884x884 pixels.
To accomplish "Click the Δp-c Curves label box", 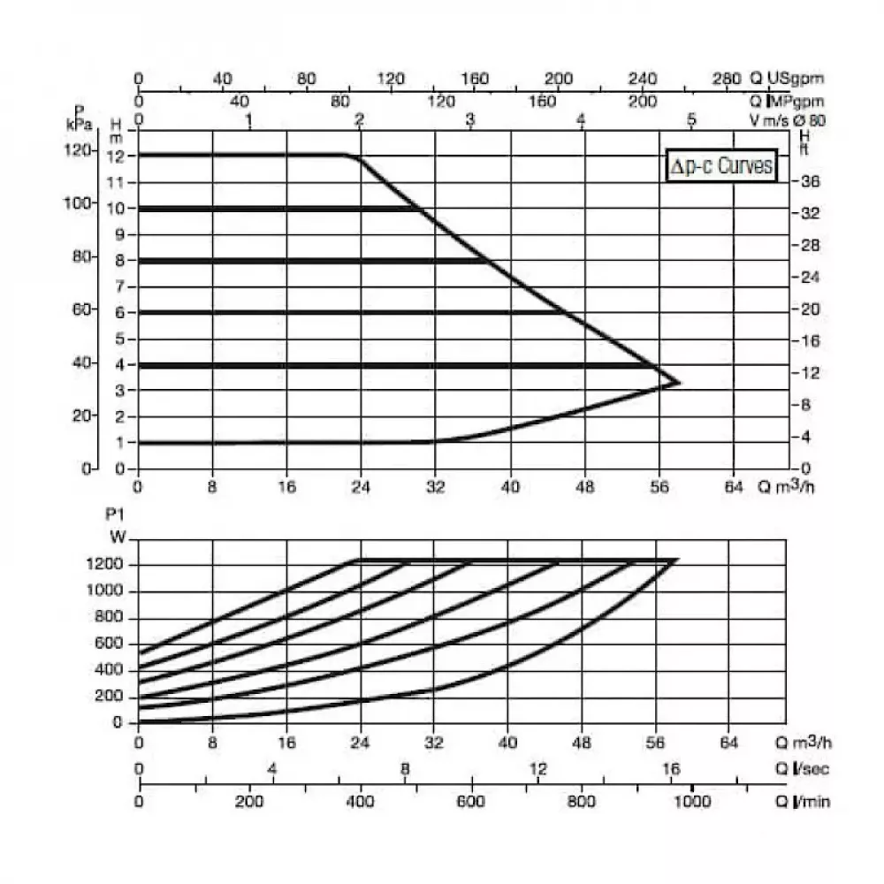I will coord(721,165).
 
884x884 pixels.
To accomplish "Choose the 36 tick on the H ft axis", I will coord(811,181).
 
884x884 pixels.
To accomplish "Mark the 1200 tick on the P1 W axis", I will coord(110,565).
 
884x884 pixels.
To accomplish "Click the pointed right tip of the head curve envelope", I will coord(680,383).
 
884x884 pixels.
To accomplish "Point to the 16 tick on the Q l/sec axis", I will coord(671,768).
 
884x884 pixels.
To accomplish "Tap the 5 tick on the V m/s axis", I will coord(692,120).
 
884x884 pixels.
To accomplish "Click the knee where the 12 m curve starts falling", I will coord(354,157).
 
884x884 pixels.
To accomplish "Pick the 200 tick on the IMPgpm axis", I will coord(643,102).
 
